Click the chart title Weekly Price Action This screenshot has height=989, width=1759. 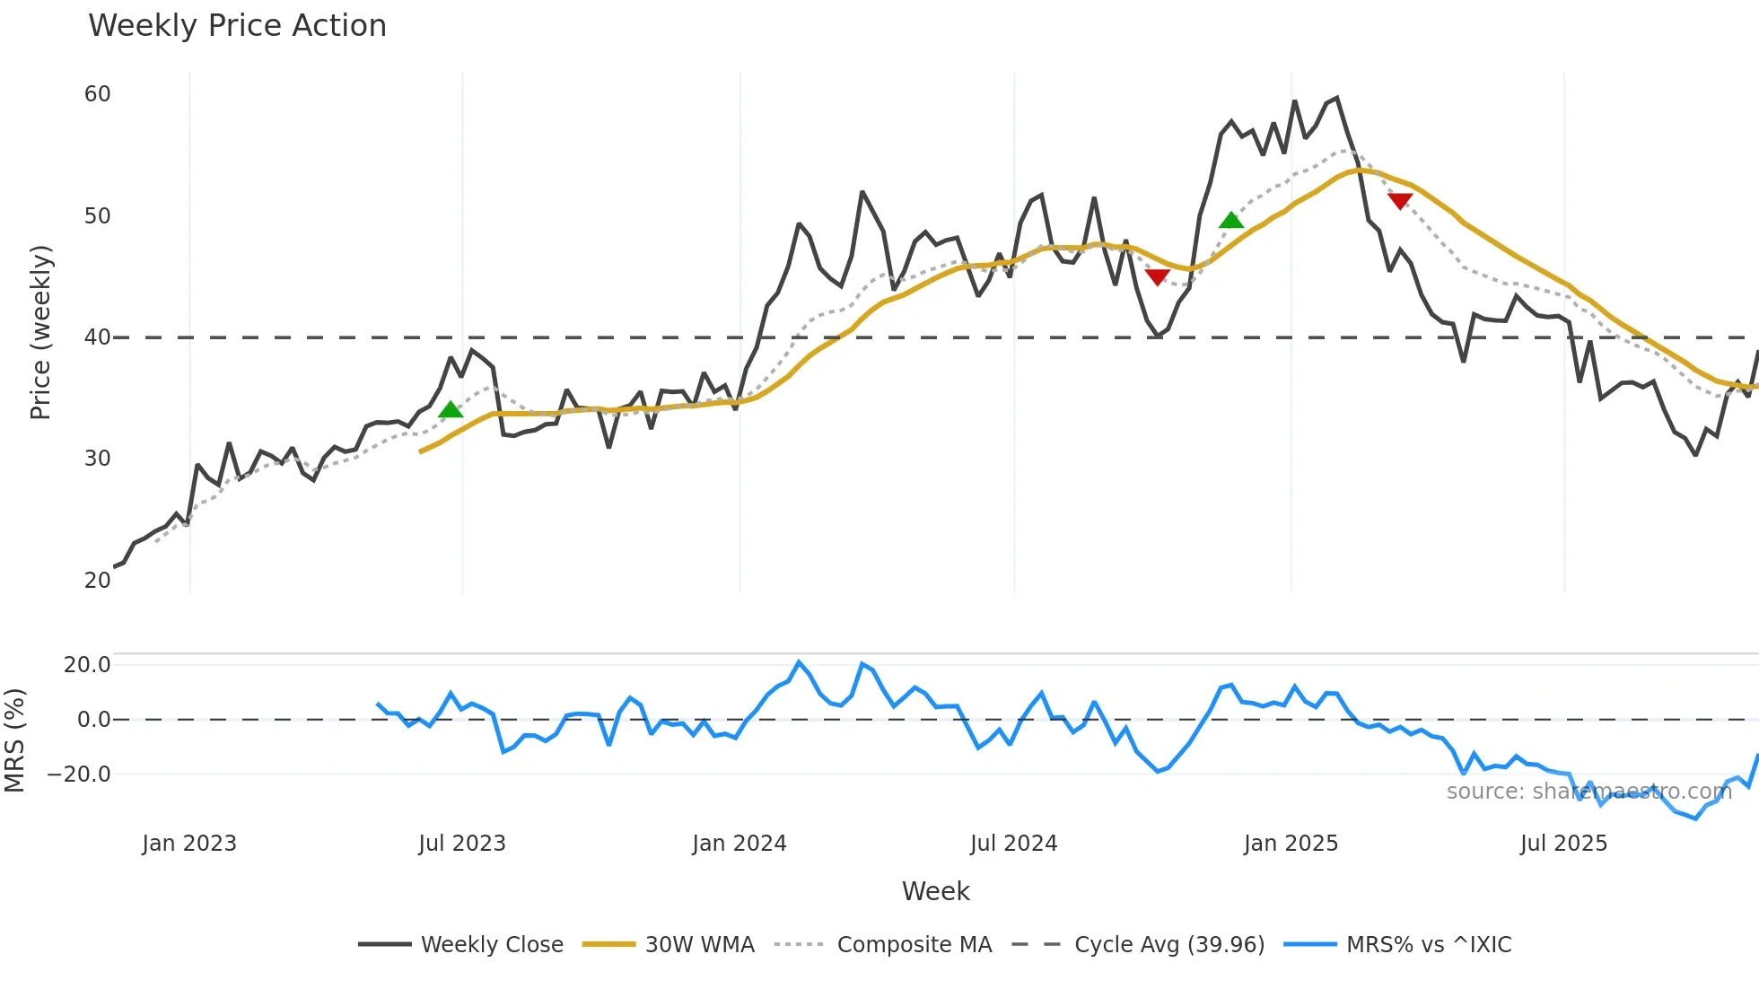[x=237, y=26]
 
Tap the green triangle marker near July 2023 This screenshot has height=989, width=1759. [x=451, y=410]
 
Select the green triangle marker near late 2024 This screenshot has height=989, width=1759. [x=1231, y=220]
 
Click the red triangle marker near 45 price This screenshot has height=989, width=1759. [x=1158, y=277]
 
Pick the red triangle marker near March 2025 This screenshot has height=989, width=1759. [x=1400, y=201]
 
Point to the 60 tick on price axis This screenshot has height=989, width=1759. [x=97, y=94]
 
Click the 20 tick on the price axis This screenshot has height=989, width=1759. [x=97, y=581]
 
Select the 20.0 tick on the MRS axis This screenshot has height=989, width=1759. [x=87, y=665]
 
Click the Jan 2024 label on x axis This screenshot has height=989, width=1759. [x=739, y=844]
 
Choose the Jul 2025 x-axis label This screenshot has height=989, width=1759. [x=1563, y=844]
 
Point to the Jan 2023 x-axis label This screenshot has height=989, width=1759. [x=189, y=844]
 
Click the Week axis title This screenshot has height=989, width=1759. [x=935, y=891]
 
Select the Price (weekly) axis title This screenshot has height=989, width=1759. [x=41, y=332]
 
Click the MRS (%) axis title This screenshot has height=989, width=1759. [x=14, y=740]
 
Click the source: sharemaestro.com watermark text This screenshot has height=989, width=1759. [x=1588, y=792]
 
